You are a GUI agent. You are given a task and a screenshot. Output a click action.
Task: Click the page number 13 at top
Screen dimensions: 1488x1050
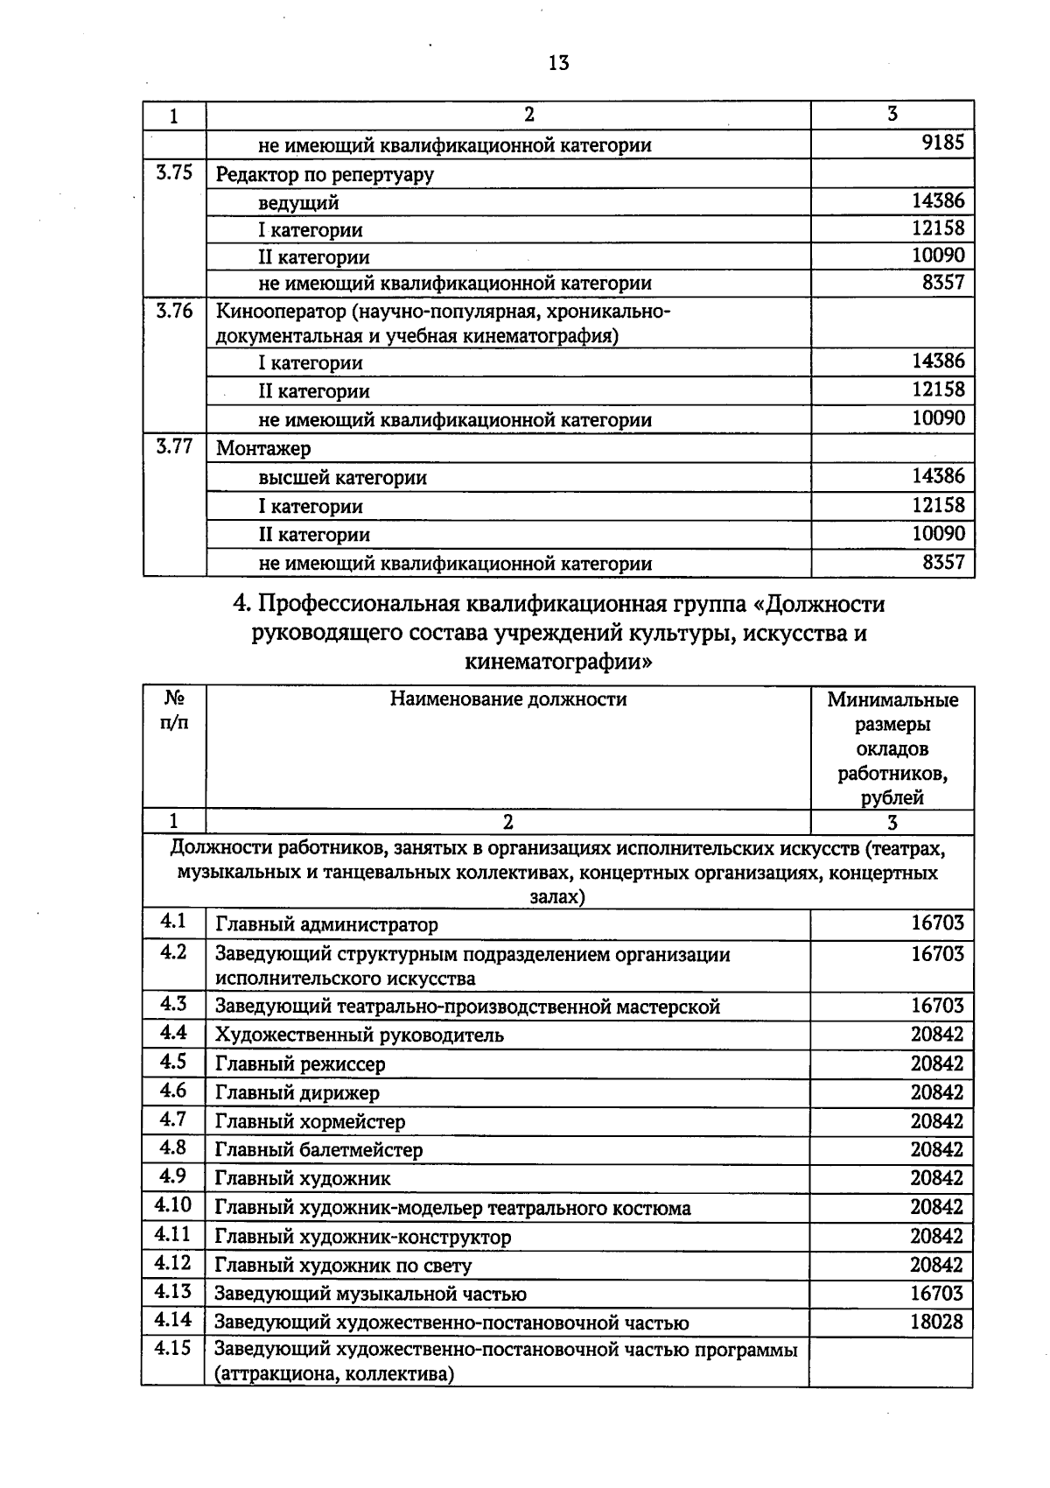[x=558, y=63]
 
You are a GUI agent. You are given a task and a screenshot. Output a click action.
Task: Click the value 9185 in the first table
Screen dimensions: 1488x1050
[x=943, y=143]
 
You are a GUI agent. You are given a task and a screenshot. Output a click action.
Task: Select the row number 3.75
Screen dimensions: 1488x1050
[x=174, y=172]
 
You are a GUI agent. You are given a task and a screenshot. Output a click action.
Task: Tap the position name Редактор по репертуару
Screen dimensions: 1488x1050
[x=325, y=174]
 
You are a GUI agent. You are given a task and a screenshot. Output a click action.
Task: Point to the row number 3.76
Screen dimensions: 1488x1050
[x=174, y=312]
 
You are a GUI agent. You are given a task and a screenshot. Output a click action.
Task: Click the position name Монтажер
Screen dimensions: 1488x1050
[x=263, y=449]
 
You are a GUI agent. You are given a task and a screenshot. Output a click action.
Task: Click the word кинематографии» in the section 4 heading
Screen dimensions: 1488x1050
[x=558, y=662]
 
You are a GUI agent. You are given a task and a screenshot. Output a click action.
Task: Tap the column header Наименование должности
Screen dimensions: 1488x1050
[x=508, y=699]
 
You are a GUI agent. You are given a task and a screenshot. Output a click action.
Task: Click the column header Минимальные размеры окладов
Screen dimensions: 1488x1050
[x=892, y=748]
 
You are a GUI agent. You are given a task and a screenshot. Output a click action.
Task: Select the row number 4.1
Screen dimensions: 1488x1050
[x=173, y=922]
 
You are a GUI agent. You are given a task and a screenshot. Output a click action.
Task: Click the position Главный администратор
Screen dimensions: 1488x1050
[x=326, y=925]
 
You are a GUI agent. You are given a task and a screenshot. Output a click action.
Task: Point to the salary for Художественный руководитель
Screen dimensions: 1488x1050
[x=936, y=1035]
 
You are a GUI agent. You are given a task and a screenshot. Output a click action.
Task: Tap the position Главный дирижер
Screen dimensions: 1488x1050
[x=297, y=1093]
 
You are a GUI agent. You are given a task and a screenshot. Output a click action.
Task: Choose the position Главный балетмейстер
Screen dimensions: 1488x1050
[x=318, y=1150]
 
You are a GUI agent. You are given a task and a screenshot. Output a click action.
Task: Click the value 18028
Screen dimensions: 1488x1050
[x=936, y=1323]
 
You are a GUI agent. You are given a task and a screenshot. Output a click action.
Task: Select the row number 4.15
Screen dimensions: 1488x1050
[x=172, y=1349]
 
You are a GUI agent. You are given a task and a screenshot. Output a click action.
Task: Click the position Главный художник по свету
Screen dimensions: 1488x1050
[x=343, y=1266]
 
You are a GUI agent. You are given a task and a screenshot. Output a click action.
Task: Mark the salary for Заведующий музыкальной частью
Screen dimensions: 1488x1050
[x=936, y=1294]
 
